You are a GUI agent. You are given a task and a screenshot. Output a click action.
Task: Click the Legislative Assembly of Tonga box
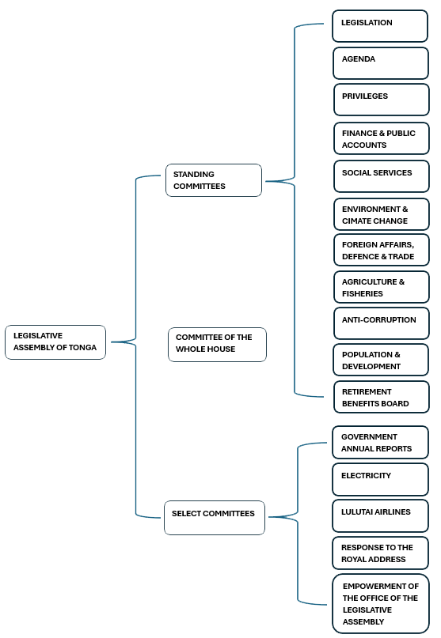point(55,342)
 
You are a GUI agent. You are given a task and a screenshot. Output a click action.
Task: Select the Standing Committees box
point(213,180)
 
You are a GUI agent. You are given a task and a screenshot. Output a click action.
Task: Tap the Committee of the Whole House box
point(217,344)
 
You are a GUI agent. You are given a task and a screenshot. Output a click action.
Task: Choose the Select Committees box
point(214,517)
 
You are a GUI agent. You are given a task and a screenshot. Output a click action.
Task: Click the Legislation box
point(380,26)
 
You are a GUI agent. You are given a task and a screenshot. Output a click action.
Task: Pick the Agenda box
point(380,62)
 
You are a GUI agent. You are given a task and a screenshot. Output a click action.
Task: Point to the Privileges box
point(381,99)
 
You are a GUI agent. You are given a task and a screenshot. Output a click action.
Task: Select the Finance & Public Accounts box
point(381,138)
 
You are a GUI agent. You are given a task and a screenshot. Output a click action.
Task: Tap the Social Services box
point(381,176)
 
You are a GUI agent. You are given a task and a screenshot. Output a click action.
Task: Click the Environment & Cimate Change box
point(381,214)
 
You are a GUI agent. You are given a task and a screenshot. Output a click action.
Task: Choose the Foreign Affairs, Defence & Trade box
point(381,250)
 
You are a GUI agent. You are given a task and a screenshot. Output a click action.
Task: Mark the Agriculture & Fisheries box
point(381,287)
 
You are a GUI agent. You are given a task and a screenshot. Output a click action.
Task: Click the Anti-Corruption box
point(381,323)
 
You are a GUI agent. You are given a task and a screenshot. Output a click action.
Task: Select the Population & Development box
point(381,360)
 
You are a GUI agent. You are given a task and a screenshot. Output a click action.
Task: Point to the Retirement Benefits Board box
point(381,397)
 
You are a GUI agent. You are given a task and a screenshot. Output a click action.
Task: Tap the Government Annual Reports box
point(380,442)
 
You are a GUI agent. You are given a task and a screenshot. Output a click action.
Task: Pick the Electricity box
point(380,479)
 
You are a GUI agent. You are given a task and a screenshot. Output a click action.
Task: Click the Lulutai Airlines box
point(380,515)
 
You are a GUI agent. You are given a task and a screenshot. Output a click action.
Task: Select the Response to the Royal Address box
point(380,553)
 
